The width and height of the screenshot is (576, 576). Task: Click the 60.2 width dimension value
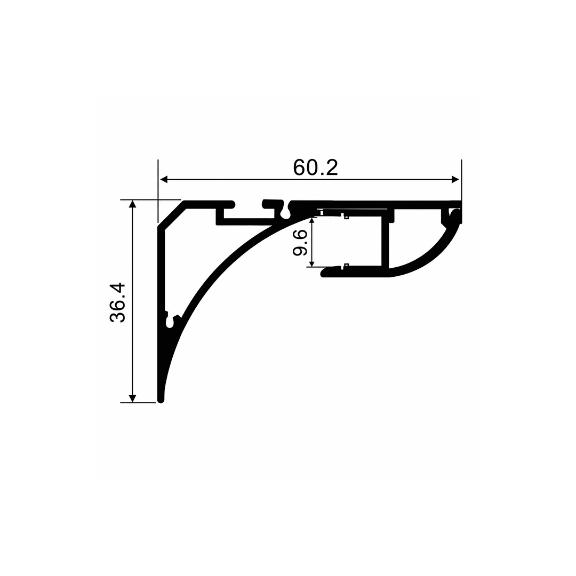315,168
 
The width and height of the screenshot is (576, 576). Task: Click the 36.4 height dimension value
117,303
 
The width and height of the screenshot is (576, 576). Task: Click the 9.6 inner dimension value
300,242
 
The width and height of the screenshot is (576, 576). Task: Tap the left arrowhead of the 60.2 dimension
164,180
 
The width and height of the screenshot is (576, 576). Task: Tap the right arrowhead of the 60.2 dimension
455,180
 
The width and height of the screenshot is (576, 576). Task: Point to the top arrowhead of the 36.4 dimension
133,204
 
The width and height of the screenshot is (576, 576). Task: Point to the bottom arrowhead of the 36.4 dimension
133,398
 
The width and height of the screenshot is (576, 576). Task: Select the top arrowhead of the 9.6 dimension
312,220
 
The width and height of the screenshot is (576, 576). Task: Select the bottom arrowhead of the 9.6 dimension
312,264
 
